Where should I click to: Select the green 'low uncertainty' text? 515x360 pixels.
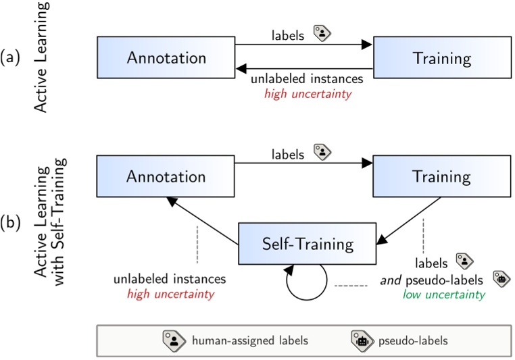(x=444, y=295)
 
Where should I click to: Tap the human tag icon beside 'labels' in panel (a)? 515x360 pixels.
(x=320, y=34)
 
